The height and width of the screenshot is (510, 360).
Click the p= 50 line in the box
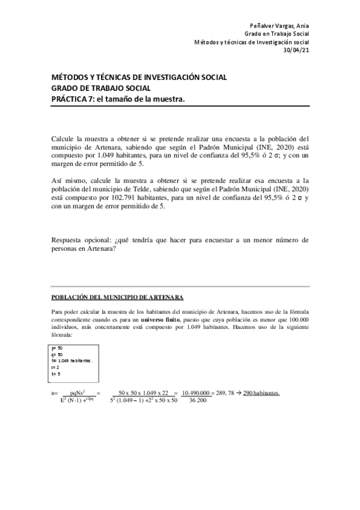pyautogui.click(x=57, y=348)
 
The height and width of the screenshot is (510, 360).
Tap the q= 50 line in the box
pyautogui.click(x=57, y=354)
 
